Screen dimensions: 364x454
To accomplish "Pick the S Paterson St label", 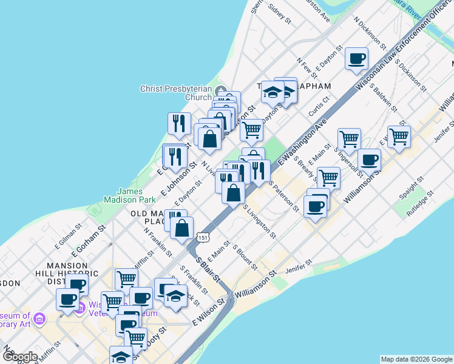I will (x=283, y=198).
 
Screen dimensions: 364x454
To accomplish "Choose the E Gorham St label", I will (x=89, y=240).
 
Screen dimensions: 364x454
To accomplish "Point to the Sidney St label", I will (x=280, y=14).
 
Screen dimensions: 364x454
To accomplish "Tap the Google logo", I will (x=20, y=357).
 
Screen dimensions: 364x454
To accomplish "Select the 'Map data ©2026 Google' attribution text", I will (x=416, y=359).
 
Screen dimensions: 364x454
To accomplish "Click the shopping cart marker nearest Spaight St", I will (x=399, y=137).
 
